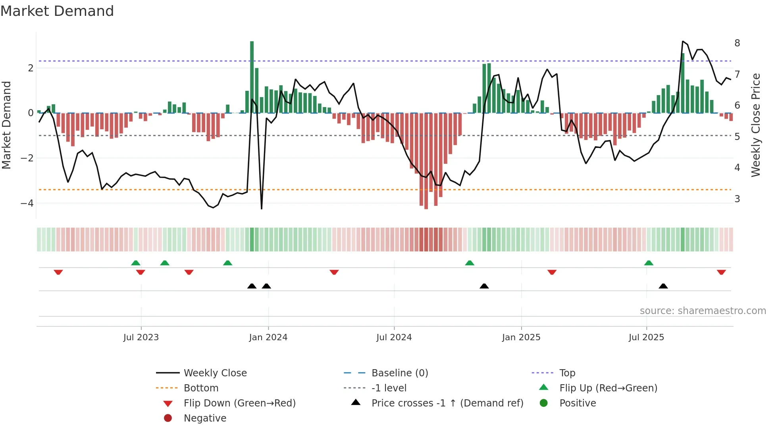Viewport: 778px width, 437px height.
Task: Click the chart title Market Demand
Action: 57,11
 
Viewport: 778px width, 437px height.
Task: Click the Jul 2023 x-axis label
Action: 141,337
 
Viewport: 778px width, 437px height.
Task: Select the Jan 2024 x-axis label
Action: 268,337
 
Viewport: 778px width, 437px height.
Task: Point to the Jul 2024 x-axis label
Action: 394,337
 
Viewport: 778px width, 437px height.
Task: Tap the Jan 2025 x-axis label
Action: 521,337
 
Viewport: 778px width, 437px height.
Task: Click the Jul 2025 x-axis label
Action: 646,337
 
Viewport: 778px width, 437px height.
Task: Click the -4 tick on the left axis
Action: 27,203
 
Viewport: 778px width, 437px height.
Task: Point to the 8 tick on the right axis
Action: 737,43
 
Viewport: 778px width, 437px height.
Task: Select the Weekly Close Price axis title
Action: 756,125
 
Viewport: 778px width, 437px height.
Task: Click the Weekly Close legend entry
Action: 215,373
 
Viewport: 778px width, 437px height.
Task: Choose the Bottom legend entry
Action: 201,388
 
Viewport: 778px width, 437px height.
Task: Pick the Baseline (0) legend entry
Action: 399,373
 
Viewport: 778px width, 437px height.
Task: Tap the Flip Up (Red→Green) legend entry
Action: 608,388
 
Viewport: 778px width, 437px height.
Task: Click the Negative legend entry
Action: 205,418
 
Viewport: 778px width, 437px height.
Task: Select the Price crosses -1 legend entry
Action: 447,403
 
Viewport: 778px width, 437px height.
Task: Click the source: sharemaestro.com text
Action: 703,311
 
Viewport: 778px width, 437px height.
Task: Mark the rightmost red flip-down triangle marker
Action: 721,272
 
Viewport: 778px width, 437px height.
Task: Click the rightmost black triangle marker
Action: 663,286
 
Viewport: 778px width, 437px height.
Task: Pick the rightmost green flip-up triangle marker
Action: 649,263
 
